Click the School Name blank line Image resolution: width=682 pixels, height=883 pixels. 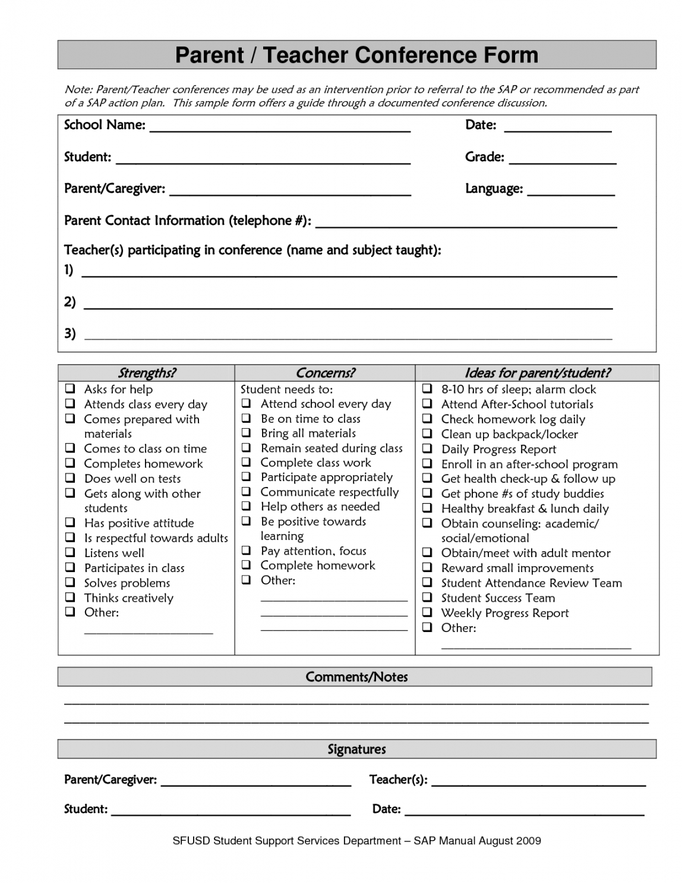[279, 130]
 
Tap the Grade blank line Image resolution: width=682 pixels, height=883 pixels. [562, 161]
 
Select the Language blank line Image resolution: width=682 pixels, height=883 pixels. [570, 193]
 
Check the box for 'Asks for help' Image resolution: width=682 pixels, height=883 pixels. [71, 389]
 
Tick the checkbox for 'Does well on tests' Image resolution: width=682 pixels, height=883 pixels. [71, 478]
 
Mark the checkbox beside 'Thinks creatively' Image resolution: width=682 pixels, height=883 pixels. [71, 598]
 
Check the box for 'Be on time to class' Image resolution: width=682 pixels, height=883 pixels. [247, 419]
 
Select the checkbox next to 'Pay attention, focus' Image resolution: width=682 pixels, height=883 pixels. [247, 551]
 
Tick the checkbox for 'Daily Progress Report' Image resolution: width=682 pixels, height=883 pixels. [427, 449]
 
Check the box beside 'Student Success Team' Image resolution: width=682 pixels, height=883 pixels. [427, 598]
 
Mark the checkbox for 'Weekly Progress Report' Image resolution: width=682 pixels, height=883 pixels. [427, 612]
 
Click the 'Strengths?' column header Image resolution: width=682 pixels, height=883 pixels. [147, 373]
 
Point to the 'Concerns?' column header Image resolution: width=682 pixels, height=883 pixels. [325, 373]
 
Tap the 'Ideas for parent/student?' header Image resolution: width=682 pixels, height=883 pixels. [537, 373]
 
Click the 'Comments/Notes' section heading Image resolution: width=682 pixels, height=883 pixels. [356, 677]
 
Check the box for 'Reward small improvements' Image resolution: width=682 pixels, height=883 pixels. [427, 568]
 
